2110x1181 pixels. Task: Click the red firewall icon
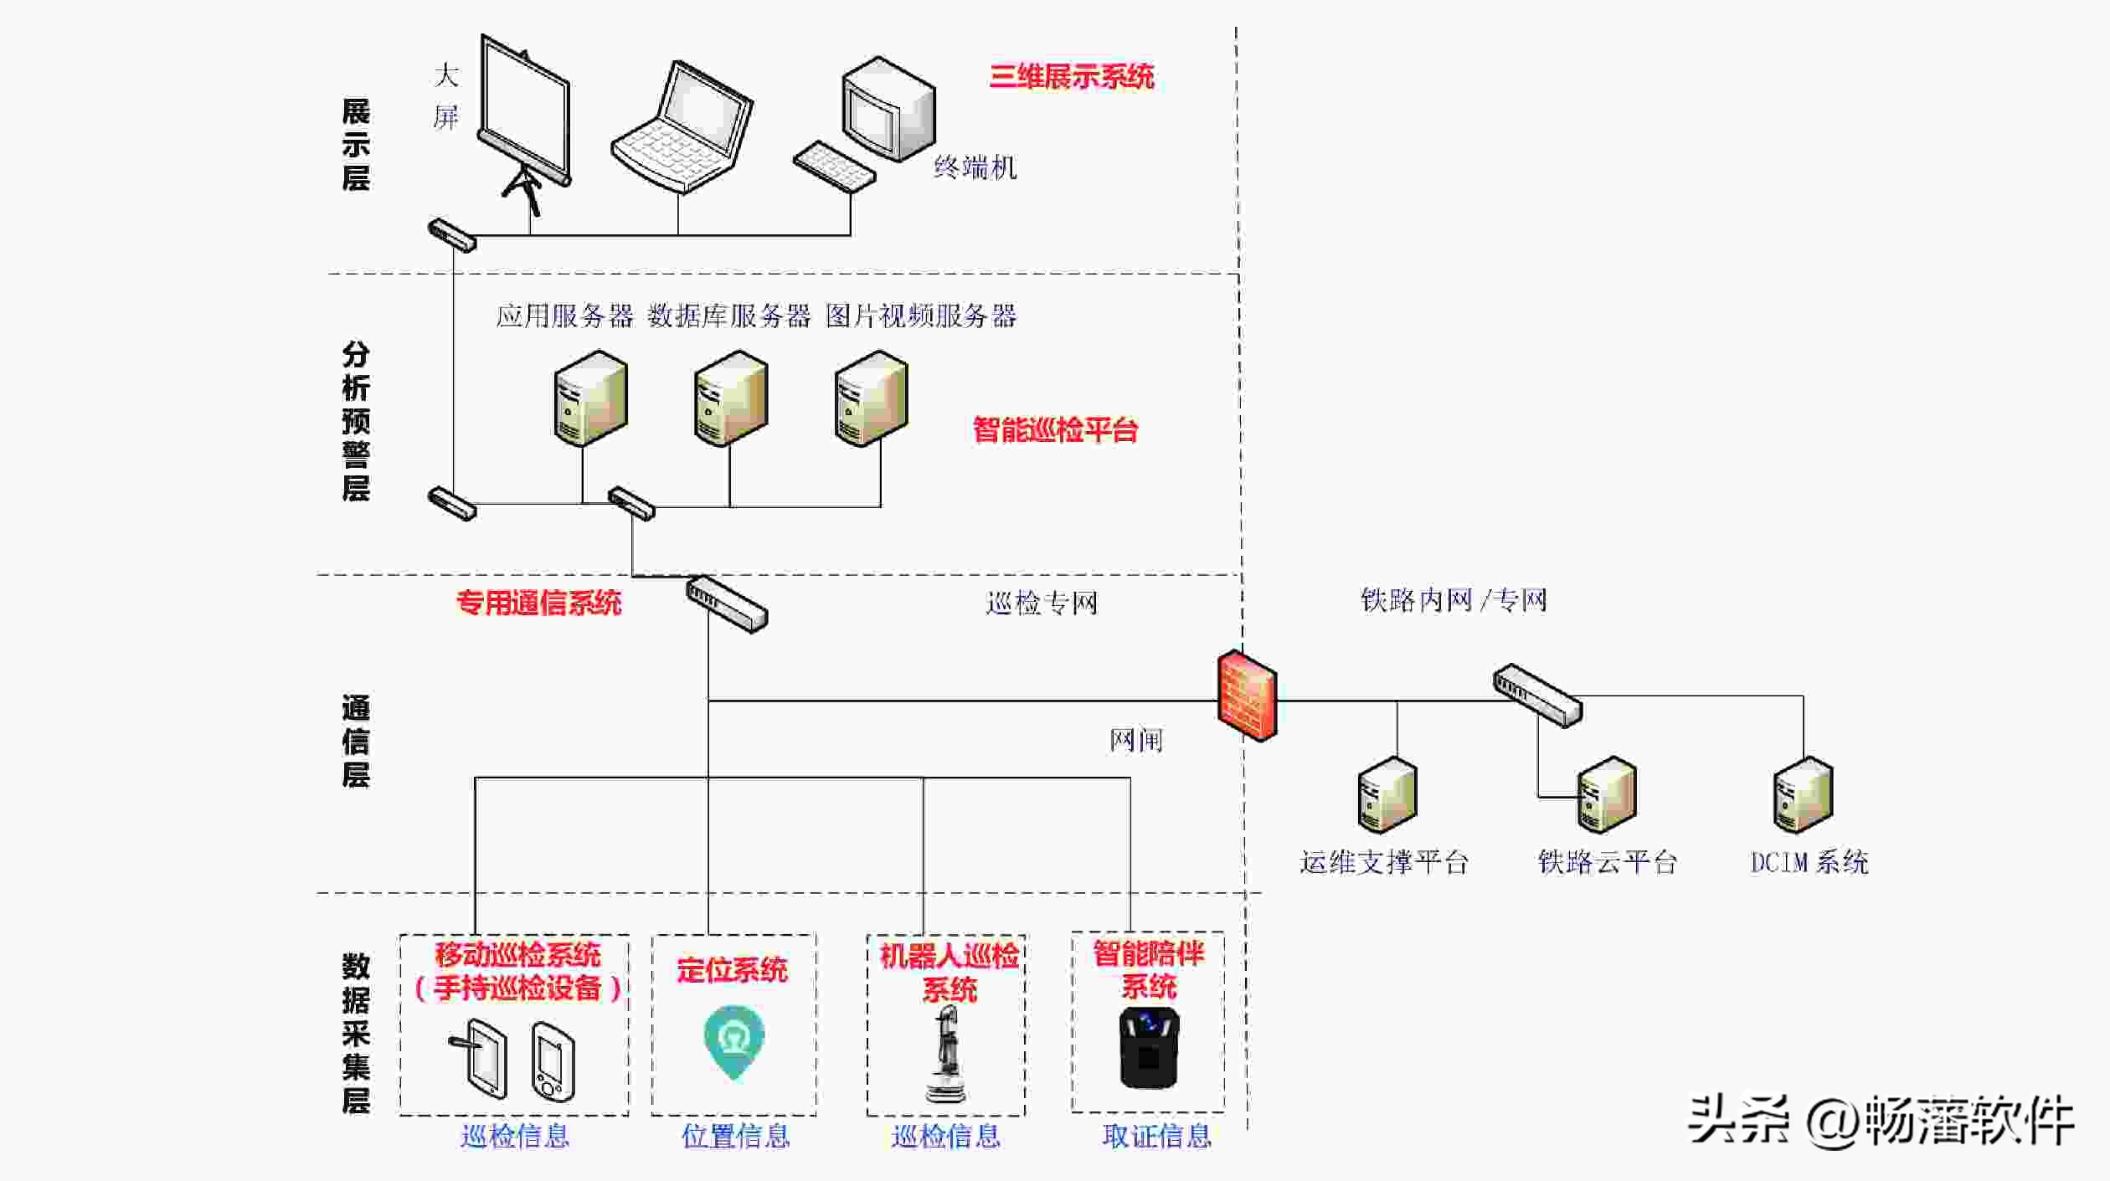[x=1247, y=696]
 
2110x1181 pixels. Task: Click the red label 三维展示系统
[x=1071, y=77]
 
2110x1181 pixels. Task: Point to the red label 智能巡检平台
[x=1055, y=430]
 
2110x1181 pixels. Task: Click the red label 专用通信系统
[x=538, y=603]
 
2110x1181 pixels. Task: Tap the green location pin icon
[x=733, y=1041]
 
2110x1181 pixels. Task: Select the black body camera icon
[x=1149, y=1048]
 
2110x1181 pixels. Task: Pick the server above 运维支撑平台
[x=1387, y=795]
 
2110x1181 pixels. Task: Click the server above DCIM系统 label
[x=1803, y=795]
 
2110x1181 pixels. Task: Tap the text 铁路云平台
[x=1607, y=862]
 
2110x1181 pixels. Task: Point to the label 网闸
[x=1135, y=740]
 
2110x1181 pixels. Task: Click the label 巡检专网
[x=1041, y=603]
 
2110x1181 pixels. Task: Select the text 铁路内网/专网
[x=1453, y=600]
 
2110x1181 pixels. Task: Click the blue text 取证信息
[x=1156, y=1136]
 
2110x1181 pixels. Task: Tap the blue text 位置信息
[x=735, y=1136]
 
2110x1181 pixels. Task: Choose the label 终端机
[x=975, y=168]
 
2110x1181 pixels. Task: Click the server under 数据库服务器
[x=730, y=398]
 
